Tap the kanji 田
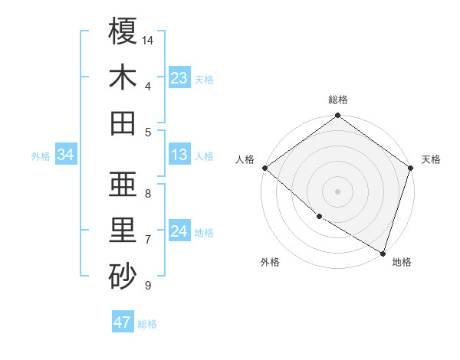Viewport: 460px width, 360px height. click(x=123, y=123)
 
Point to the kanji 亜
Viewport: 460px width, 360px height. click(x=123, y=184)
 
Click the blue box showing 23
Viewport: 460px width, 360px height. click(x=179, y=78)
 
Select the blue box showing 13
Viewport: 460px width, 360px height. click(x=179, y=155)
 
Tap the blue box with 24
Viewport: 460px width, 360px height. click(x=179, y=232)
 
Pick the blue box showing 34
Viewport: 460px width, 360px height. click(x=66, y=155)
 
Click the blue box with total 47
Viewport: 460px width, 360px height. click(x=123, y=322)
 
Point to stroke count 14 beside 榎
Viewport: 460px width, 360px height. click(x=149, y=39)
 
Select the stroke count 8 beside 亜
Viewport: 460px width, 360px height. click(x=147, y=193)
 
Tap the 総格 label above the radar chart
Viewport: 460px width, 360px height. click(x=337, y=100)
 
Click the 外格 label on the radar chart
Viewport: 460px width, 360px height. click(x=270, y=262)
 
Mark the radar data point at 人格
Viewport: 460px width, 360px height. click(x=264, y=168)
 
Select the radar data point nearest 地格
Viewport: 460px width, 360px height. click(x=383, y=252)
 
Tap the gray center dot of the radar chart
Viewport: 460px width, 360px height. click(x=337, y=191)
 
